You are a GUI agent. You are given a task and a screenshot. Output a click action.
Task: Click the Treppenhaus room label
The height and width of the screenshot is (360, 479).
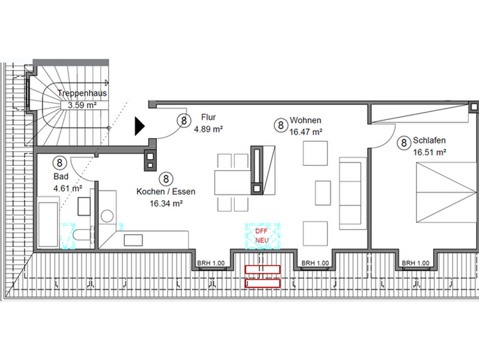tap(82, 93)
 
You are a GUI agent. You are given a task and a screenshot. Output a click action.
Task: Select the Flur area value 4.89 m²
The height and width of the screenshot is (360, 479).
tap(208, 129)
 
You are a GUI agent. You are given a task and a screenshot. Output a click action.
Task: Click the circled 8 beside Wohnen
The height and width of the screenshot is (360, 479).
tap(280, 125)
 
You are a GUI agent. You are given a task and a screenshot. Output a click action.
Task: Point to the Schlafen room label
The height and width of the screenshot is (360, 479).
tap(430, 141)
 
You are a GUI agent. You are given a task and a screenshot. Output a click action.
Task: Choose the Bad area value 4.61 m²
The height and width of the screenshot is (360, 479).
tap(68, 187)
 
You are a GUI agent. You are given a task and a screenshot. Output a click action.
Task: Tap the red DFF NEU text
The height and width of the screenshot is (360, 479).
tap(262, 235)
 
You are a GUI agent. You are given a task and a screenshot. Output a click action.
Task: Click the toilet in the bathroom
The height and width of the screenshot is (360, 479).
tap(82, 236)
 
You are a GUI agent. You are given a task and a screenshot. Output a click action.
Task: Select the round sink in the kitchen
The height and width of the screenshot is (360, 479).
tap(107, 216)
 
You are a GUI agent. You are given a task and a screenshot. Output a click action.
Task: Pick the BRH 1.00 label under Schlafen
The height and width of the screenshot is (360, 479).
tap(416, 263)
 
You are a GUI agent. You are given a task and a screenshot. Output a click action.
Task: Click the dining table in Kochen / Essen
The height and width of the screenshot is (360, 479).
tap(233, 182)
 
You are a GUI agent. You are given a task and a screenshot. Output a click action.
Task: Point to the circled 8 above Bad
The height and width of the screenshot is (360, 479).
tap(60, 164)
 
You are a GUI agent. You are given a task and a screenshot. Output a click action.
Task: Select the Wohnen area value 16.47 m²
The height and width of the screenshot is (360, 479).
tap(306, 132)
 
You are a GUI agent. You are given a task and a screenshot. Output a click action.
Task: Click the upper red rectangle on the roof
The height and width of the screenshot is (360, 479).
tap(262, 269)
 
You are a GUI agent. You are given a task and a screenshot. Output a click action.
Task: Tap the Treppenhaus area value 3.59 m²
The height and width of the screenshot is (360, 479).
tap(82, 105)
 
